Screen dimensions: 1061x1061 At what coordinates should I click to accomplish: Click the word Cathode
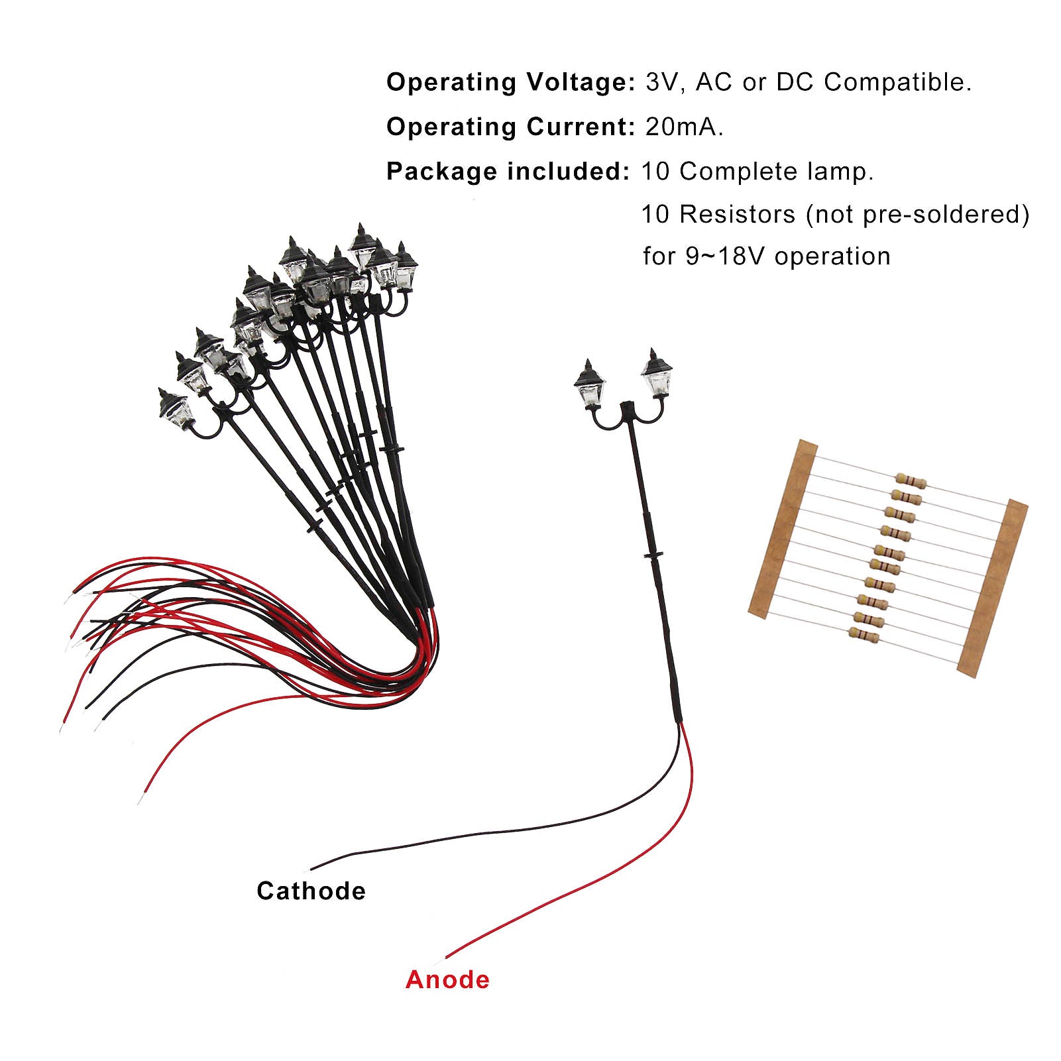(311, 891)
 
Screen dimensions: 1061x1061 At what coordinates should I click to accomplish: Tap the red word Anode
(447, 979)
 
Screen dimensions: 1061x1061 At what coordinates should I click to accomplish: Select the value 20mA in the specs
(684, 127)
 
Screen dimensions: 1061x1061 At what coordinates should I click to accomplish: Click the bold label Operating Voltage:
(511, 82)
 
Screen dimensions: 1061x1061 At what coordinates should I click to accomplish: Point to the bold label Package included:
(508, 172)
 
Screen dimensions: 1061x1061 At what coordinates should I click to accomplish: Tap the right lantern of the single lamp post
(657, 374)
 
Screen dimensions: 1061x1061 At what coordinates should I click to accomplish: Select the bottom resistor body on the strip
(864, 636)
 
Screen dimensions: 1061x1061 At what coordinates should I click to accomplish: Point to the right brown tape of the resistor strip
(992, 586)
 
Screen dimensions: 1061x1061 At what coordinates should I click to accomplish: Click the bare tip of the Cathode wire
(307, 869)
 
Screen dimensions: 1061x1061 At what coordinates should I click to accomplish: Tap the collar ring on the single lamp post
(654, 555)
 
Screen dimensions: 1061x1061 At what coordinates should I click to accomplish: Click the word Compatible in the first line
(897, 82)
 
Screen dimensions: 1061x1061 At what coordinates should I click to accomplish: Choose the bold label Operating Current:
(511, 127)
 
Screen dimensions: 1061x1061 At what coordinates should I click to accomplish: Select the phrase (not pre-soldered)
(917, 214)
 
